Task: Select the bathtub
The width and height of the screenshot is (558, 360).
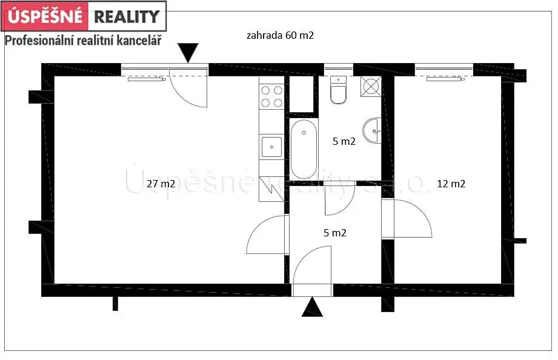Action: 304,149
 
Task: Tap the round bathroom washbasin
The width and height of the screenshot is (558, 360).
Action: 372,131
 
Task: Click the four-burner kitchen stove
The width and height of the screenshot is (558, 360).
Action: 272,96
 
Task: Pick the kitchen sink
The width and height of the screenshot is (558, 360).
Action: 271,147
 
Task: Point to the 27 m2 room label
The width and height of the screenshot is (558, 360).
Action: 161,184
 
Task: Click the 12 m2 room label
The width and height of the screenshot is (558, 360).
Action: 451,184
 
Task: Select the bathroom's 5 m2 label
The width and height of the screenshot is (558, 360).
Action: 344,141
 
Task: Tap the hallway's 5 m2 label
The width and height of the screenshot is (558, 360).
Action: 335,233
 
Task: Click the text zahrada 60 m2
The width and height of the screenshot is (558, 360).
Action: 280,35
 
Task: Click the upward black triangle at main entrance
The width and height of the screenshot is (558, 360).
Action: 312,307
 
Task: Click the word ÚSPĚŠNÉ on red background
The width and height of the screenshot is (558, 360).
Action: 45,16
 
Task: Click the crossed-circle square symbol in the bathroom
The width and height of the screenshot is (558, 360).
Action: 371,87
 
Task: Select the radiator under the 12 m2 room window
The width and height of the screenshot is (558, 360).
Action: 445,79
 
